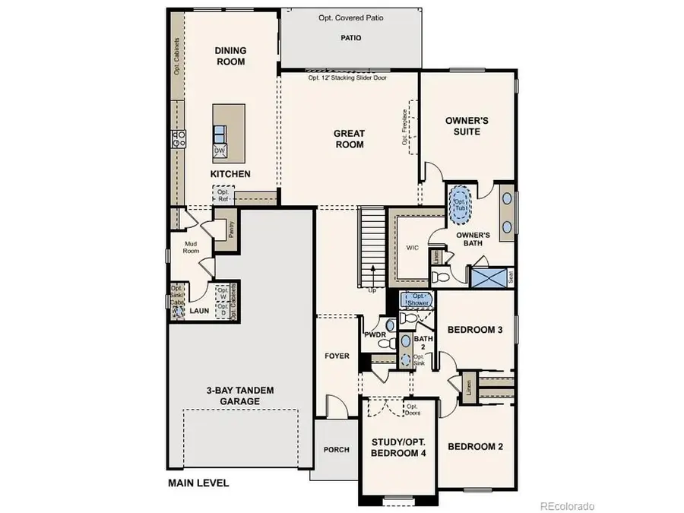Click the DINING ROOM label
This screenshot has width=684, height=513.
point(230,56)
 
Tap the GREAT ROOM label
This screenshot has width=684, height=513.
point(349,139)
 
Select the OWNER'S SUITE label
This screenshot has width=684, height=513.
point(466,126)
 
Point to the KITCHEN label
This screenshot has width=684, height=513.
point(230,174)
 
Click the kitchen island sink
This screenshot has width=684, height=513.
point(220,133)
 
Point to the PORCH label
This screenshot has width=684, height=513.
point(336,449)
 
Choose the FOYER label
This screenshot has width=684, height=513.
point(336,354)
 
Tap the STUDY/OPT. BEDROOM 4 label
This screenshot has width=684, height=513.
point(398,447)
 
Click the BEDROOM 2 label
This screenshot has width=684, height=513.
point(475,447)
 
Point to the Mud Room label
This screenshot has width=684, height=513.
point(192,248)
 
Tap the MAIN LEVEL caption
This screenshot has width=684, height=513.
point(198,483)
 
